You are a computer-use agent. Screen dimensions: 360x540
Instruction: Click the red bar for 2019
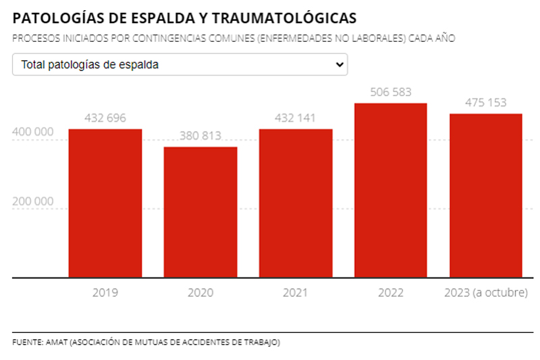[105, 203]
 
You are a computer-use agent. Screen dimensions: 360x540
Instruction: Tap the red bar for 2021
[296, 203]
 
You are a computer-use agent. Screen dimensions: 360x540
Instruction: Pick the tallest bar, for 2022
[391, 190]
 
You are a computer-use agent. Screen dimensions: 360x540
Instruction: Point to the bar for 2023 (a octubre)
[486, 195]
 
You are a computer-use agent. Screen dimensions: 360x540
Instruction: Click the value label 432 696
[105, 118]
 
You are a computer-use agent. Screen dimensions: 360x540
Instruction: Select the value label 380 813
[200, 136]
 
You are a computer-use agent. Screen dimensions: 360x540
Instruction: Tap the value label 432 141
[296, 118]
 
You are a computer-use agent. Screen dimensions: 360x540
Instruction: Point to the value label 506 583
[391, 92]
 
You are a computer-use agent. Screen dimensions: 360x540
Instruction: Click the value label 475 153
[486, 103]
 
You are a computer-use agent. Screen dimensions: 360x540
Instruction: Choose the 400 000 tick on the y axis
[33, 132]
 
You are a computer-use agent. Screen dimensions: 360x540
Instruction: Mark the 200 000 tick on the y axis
[33, 201]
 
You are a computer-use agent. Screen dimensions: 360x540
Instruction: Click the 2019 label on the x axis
[105, 293]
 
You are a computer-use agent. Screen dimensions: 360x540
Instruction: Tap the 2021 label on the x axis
[296, 293]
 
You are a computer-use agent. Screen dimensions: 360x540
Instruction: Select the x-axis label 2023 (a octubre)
[486, 293]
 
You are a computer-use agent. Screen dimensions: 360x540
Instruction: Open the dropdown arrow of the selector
[339, 65]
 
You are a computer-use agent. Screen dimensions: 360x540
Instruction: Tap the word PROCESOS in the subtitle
[34, 38]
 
